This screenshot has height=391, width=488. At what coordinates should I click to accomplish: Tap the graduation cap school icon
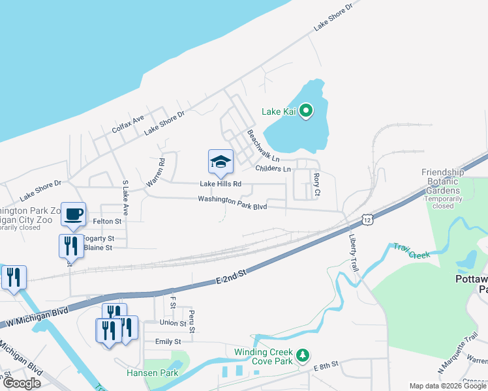click(x=221, y=162)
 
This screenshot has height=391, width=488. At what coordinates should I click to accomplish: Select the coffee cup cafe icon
click(x=73, y=213)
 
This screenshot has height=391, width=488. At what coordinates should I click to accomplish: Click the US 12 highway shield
click(x=369, y=220)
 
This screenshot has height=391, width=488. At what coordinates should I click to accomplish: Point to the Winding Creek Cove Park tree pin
click(x=302, y=355)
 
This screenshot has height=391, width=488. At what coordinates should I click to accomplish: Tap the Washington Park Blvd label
click(x=232, y=203)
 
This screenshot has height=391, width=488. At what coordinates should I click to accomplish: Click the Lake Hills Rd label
click(x=221, y=184)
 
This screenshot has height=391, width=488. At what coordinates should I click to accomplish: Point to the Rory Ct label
click(x=317, y=181)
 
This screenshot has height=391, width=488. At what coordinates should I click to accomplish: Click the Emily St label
click(x=168, y=341)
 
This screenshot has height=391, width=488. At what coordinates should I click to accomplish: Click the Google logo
click(x=21, y=383)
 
